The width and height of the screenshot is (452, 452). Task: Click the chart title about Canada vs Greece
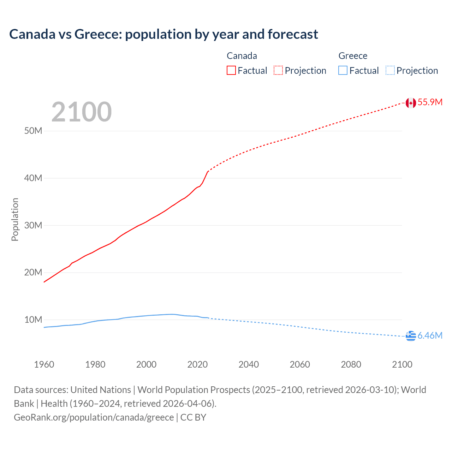click(163, 34)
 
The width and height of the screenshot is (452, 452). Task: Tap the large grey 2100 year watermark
click(82, 112)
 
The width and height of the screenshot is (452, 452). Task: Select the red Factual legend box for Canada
click(231, 71)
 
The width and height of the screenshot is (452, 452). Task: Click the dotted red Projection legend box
click(278, 71)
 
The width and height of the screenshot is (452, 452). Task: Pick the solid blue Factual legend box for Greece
click(343, 71)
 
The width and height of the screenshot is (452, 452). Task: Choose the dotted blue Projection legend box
click(390, 71)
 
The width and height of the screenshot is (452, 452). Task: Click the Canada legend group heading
click(242, 56)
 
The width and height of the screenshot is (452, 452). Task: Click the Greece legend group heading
click(353, 56)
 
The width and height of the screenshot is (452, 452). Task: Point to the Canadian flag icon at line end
click(411, 103)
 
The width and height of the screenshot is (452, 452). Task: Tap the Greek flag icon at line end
click(411, 336)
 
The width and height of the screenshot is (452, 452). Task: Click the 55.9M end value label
click(430, 102)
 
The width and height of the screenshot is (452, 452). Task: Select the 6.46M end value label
click(430, 335)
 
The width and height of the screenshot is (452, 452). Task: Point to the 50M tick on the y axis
click(33, 131)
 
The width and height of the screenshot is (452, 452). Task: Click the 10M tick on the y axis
click(33, 320)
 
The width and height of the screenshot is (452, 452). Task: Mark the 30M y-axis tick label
click(33, 225)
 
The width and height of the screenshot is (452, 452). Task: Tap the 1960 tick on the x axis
click(44, 364)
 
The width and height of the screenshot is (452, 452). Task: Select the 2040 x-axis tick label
click(249, 364)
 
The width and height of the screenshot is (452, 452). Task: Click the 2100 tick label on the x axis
click(402, 364)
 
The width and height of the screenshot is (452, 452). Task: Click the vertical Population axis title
click(15, 219)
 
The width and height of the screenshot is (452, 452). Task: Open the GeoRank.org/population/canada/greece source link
click(94, 417)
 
